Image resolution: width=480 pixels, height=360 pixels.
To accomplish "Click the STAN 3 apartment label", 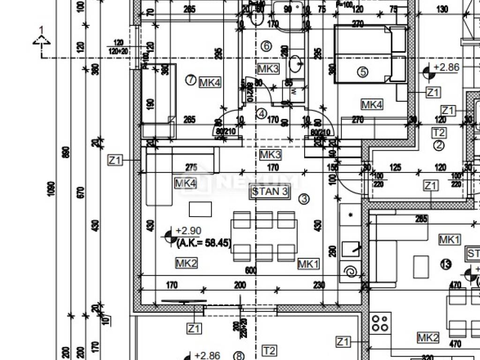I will coord(270,191).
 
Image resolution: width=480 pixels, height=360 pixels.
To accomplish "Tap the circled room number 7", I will coord(190,80).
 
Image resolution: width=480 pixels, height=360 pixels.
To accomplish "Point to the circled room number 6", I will coord(265,46).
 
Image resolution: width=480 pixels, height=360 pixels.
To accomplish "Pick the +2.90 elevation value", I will coord(188,231).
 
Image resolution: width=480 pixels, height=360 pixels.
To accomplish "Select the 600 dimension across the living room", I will coord(251,270).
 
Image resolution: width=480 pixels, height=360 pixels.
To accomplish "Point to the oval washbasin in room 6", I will coord(295,65).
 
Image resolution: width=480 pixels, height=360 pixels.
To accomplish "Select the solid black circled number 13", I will coord(446,264).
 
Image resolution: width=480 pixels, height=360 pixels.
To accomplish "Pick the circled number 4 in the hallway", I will coord(261,113).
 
